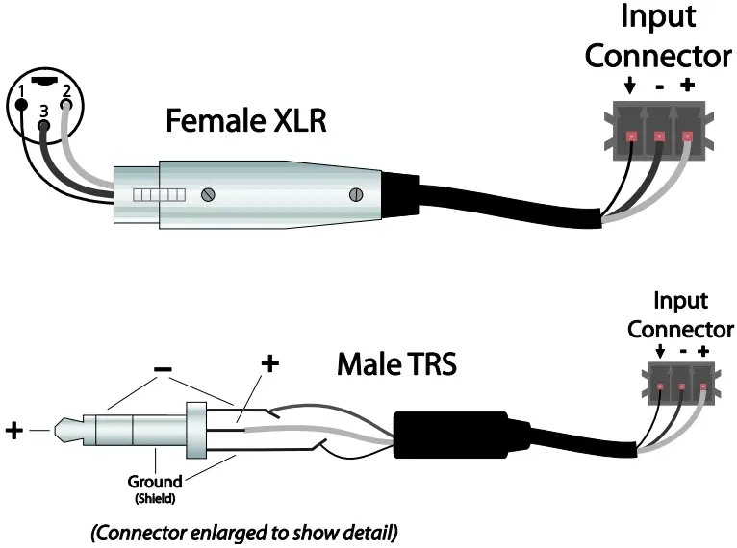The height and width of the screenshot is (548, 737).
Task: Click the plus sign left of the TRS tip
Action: point(15,430)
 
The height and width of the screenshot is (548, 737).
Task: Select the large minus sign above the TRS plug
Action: point(164,368)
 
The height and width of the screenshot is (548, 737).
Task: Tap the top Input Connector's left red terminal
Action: point(631,137)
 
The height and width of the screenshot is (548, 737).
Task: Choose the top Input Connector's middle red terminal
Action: point(659,137)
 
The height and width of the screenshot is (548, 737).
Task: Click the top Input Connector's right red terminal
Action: point(687,137)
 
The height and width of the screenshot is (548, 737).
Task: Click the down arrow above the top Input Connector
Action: point(629,86)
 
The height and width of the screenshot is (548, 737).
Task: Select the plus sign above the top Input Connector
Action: point(687,85)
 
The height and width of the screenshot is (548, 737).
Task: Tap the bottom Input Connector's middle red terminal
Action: point(682,386)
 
